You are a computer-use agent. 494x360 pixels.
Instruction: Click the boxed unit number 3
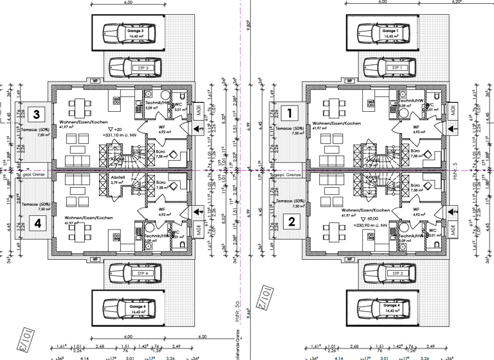click(x=37, y=114)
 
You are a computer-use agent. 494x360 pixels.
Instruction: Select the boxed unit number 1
click(x=290, y=114)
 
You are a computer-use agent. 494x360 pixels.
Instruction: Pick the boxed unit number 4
click(x=37, y=223)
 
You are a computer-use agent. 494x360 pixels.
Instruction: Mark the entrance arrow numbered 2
click(x=452, y=210)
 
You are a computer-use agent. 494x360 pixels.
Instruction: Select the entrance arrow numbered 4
click(x=198, y=210)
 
